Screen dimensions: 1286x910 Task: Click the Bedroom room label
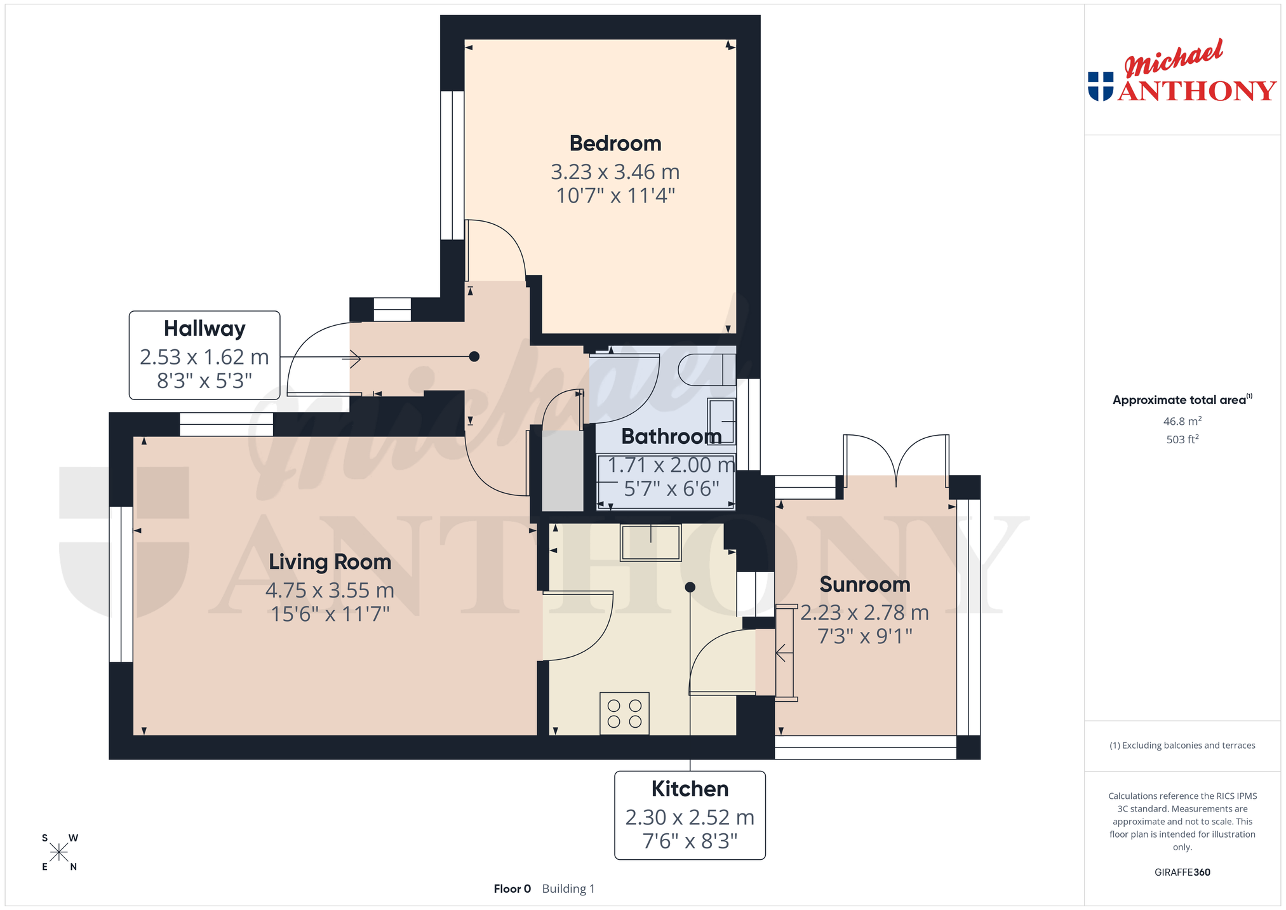(x=615, y=144)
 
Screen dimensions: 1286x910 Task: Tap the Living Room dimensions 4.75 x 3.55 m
(x=330, y=591)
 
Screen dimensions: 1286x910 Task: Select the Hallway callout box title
(x=204, y=329)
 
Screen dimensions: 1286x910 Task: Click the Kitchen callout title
(x=690, y=789)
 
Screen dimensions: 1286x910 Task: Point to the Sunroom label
(x=865, y=584)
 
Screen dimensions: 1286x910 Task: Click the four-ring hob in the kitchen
(x=624, y=713)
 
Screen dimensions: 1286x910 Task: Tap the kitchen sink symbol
(x=651, y=542)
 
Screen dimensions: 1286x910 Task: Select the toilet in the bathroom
(x=707, y=370)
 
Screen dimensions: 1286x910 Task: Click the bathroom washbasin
(x=721, y=422)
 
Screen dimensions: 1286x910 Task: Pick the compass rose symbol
(x=59, y=852)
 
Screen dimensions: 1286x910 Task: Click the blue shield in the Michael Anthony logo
(x=1101, y=86)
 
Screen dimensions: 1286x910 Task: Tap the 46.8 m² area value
(x=1182, y=421)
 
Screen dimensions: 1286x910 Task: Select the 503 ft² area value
(x=1182, y=439)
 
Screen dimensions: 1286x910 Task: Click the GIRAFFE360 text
(x=1182, y=872)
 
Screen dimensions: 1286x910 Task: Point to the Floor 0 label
(x=512, y=888)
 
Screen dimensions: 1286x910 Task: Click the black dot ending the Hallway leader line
(x=474, y=357)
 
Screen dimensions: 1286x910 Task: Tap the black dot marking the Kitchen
(x=690, y=587)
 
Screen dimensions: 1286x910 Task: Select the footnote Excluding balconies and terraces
(x=1182, y=746)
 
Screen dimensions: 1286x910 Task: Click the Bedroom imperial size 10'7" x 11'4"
(x=615, y=196)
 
